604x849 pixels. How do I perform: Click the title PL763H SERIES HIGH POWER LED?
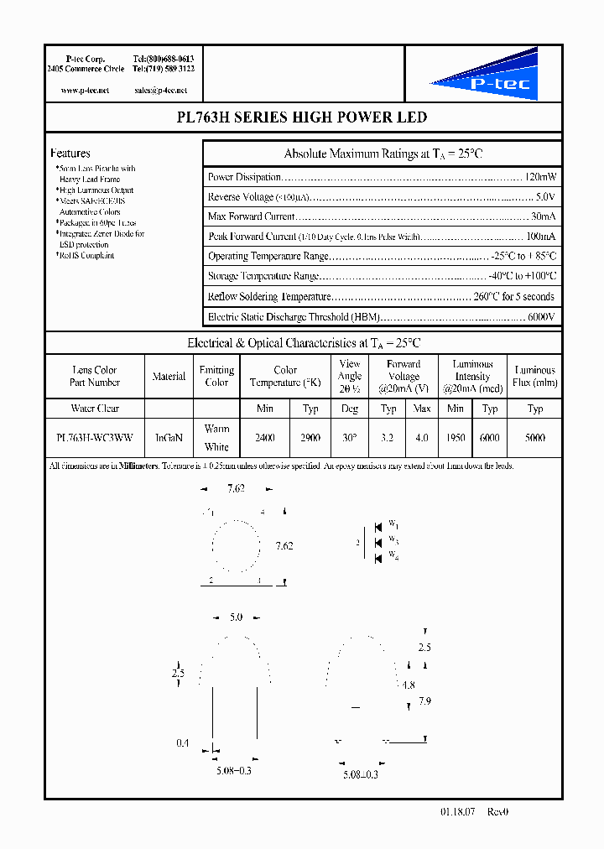coord(302,117)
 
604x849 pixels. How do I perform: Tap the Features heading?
coord(70,154)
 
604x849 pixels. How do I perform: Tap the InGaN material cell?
coord(169,437)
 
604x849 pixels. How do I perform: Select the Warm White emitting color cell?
coord(216,437)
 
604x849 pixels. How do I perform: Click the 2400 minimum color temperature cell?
coord(264,437)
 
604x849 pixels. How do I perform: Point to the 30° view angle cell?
coord(350,437)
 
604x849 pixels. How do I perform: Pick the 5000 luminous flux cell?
coord(535,437)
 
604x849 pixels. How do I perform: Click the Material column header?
coord(169,377)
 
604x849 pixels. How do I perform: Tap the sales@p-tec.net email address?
coord(160,90)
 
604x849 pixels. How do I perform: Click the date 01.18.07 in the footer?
coord(457,812)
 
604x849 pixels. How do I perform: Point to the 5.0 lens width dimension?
coord(236,617)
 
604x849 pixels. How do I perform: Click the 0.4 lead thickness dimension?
coord(182,743)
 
